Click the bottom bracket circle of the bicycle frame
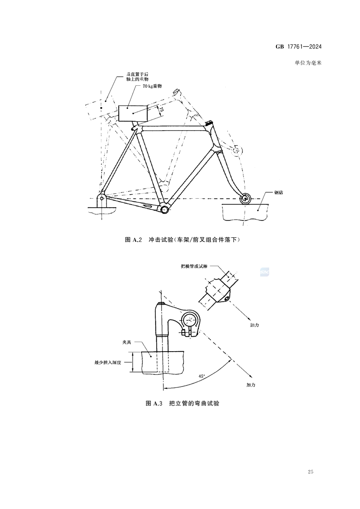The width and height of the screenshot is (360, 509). click(x=164, y=209)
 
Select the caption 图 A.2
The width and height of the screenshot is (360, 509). click(x=134, y=240)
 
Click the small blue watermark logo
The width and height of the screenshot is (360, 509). click(x=264, y=272)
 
